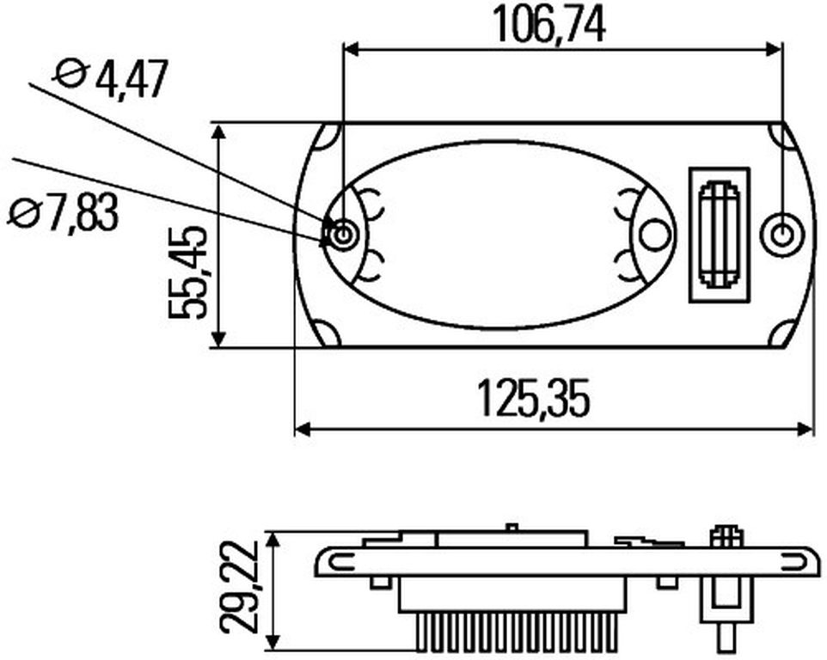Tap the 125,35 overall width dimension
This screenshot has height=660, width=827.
coord(533,398)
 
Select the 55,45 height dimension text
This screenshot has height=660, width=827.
coord(187,272)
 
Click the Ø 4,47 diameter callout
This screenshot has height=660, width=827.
coord(111,79)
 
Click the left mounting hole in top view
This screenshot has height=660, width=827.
coord(343,233)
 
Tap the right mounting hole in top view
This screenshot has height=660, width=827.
coord(784,235)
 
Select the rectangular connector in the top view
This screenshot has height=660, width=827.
coord(720,235)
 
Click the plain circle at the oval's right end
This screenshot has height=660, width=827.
coord(653,234)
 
